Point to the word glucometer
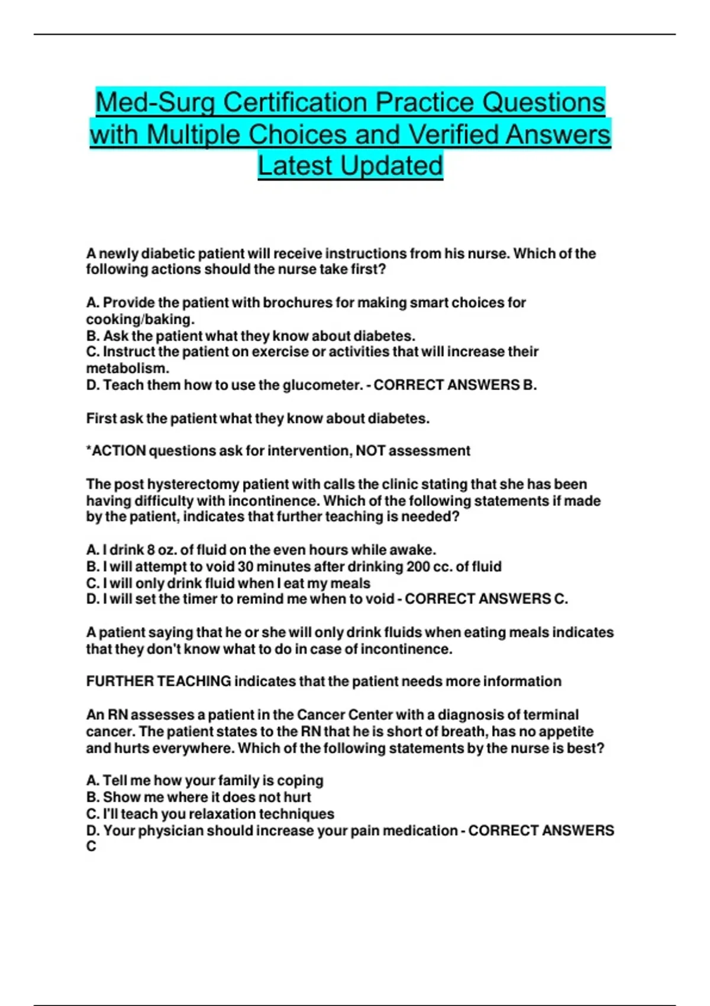[322, 385]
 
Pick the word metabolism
[127, 368]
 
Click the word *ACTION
[116, 451]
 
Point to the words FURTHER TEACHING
[159, 682]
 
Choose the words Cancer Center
[344, 715]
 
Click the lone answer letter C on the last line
[91, 847]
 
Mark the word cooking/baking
[140, 320]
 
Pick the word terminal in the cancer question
[551, 715]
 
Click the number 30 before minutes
[246, 567]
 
